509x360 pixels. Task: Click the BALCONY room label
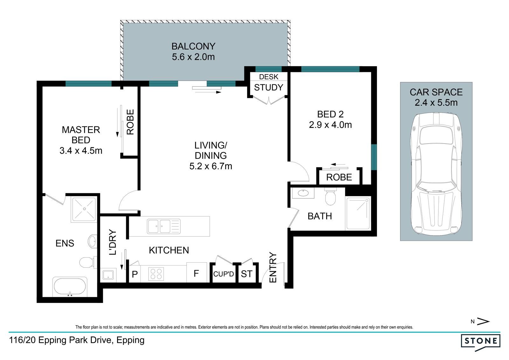193,46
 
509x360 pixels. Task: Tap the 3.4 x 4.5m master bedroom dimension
81,151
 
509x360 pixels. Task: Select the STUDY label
268,87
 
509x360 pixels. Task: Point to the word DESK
268,77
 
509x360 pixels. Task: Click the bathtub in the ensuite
70,287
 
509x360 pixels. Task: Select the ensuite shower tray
84,209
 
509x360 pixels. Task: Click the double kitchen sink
164,227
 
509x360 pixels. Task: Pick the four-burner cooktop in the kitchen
156,274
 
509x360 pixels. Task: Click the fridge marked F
197,272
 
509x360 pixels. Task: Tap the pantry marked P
135,274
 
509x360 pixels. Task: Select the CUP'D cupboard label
224,274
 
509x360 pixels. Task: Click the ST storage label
247,274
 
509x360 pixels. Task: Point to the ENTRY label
273,267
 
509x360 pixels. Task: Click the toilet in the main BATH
330,196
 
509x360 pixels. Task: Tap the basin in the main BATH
303,193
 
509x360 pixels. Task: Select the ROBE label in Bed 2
339,177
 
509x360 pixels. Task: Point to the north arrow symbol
483,321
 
